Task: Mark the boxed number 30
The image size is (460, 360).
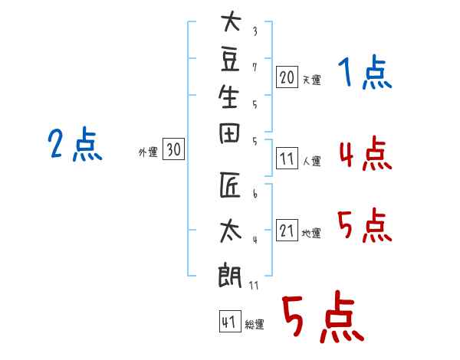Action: [174, 150]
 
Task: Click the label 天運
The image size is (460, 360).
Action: [312, 80]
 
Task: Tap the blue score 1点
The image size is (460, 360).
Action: [365, 74]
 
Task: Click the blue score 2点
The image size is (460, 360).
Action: [75, 145]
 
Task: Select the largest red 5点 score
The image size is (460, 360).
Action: [322, 317]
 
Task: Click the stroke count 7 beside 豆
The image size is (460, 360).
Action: [255, 67]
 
